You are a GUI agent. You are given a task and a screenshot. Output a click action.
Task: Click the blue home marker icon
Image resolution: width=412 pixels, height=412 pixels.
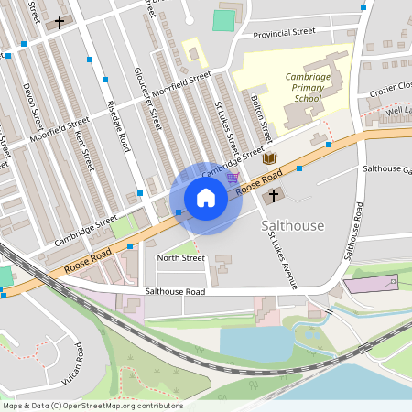tap(206, 197)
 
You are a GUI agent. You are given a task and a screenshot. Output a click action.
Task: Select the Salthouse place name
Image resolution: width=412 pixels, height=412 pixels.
tap(292, 225)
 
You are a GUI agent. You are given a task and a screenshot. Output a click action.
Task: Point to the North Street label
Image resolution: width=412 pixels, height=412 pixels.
tap(180, 258)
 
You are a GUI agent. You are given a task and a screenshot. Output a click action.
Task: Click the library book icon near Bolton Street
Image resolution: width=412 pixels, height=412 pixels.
tap(269, 158)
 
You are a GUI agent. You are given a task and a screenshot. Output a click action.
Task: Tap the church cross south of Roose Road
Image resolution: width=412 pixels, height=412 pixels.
tap(272, 196)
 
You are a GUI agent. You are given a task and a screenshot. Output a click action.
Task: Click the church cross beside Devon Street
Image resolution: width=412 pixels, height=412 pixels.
tap(60, 22)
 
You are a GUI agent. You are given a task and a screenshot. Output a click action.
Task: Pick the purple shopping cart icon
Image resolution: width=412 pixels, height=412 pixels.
tap(233, 177)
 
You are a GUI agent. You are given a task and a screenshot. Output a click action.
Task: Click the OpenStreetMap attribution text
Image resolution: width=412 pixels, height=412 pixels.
tap(92, 406)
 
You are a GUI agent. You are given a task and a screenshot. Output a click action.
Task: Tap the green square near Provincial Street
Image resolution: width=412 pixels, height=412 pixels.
tap(222, 19)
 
